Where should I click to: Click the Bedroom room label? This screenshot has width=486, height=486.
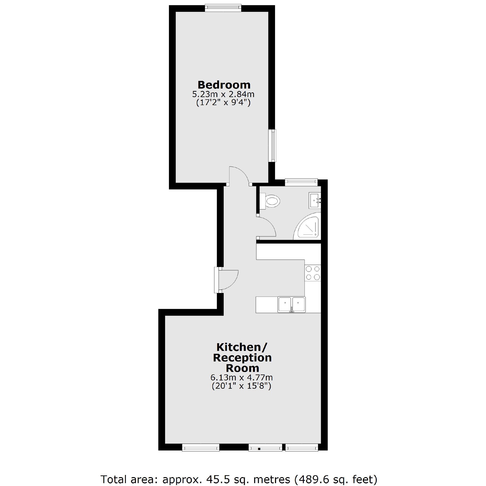click(x=224, y=85)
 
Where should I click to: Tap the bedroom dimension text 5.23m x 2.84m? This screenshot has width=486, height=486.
click(x=223, y=94)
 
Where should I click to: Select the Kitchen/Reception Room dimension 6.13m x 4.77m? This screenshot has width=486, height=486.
click(x=241, y=378)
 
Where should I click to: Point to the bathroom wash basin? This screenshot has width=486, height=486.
click(x=315, y=200)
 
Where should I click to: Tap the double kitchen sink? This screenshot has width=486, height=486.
click(x=292, y=305)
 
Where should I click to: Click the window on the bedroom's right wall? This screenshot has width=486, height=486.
click(x=272, y=146)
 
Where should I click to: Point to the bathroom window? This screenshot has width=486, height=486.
click(x=301, y=182)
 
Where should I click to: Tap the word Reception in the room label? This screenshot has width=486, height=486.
click(x=242, y=358)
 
